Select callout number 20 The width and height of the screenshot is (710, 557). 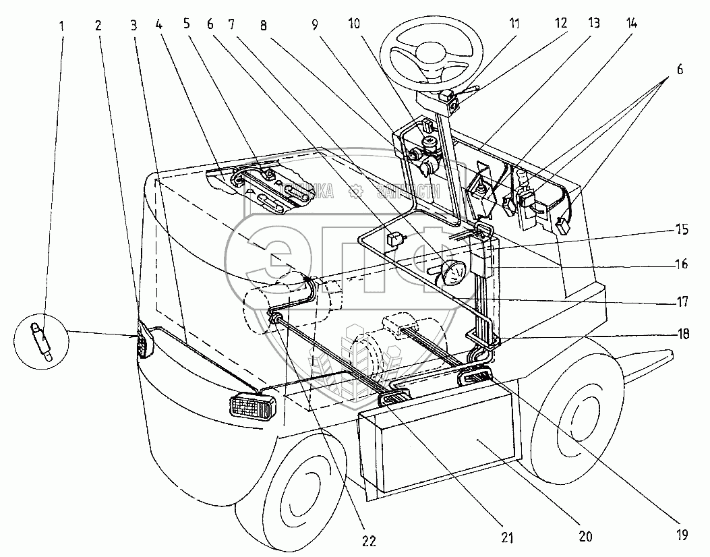coord(585,537)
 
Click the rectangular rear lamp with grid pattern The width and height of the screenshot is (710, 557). coord(253,407)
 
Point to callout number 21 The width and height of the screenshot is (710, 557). coord(506,537)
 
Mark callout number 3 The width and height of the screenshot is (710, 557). coord(134,26)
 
